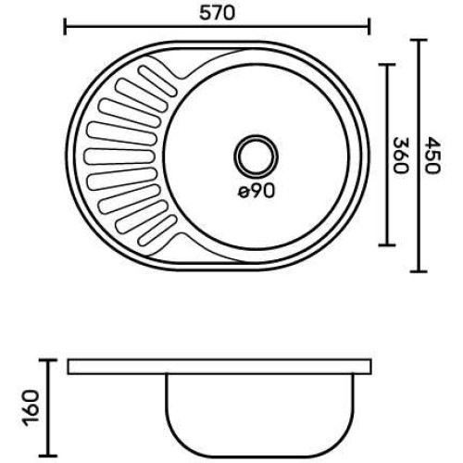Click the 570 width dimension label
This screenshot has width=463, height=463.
pyautogui.click(x=217, y=13)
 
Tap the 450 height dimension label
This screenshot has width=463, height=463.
pyautogui.click(x=432, y=156)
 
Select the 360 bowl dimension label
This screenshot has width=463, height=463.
pyautogui.click(x=401, y=156)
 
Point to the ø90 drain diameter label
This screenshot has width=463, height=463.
pyautogui.click(x=257, y=192)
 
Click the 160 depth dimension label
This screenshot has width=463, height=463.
pyautogui.click(x=31, y=407)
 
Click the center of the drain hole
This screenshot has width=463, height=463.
pyautogui.click(x=256, y=156)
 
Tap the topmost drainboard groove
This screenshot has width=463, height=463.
pyautogui.click(x=157, y=81)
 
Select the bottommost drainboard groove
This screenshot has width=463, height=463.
pyautogui.click(x=157, y=231)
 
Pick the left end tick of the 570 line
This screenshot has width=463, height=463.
pyautogui.click(x=65, y=27)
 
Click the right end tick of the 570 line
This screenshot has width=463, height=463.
pyautogui.click(x=369, y=27)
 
